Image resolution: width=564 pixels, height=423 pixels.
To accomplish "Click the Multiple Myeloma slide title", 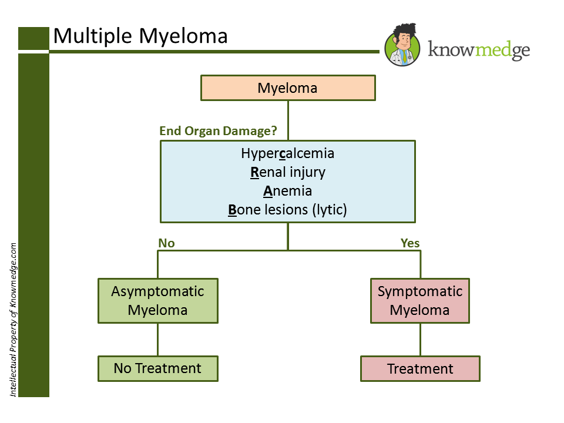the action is click(140, 36).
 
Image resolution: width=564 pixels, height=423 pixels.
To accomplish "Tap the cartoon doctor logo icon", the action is click(402, 45).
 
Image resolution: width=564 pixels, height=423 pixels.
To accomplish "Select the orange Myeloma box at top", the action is click(288, 88).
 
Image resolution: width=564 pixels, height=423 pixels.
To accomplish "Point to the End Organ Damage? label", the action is click(218, 130).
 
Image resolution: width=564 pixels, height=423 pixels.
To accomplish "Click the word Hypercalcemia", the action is click(288, 153).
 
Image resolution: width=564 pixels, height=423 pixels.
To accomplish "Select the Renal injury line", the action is click(288, 172).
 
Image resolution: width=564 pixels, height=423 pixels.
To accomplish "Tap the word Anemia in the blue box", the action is click(288, 191).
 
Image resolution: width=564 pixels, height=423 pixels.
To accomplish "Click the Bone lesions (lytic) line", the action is click(288, 210).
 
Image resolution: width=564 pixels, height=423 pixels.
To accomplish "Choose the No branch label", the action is click(166, 243).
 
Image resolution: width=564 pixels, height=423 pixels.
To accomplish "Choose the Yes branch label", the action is click(410, 243).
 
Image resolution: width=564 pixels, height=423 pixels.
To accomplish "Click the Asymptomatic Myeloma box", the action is click(158, 301).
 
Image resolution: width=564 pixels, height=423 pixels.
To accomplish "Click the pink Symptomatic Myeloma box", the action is click(420, 301).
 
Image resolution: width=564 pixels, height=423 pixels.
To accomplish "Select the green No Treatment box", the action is click(158, 369).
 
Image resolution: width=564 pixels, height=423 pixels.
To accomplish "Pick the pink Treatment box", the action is click(420, 369).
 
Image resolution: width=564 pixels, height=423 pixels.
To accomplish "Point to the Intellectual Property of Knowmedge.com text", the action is click(14, 320).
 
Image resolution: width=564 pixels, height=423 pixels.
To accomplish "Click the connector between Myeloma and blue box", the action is click(288, 120).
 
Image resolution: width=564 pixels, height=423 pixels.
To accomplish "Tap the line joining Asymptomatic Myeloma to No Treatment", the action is click(158, 340).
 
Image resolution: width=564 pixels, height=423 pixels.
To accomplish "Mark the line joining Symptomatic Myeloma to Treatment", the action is click(420, 340).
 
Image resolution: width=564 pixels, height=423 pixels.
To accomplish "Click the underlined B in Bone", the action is click(233, 210).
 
